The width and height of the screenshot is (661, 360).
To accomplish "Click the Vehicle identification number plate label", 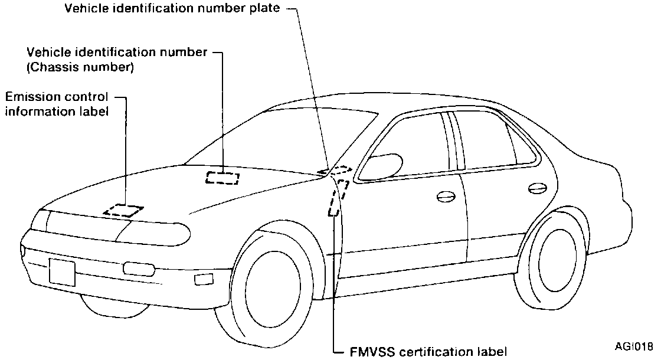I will pyautogui.click(x=175, y=9).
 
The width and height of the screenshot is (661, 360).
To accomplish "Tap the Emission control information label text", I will pyautogui.click(x=57, y=103).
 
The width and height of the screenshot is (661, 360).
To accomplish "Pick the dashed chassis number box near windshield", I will pyautogui.click(x=222, y=177).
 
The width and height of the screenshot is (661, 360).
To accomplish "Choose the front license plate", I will pyautogui.click(x=62, y=272).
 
